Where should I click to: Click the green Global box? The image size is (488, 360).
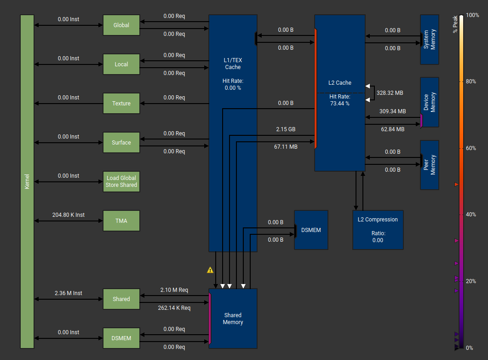121,25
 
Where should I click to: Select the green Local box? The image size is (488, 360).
121,64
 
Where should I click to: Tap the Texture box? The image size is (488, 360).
121,104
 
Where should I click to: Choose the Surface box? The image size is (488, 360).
121,143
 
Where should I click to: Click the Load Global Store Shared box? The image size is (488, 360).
121,182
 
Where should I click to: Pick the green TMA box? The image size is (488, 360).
121,221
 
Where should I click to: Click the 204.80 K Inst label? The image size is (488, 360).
69,215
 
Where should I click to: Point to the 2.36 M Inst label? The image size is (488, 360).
69,293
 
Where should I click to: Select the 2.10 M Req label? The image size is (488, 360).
174,290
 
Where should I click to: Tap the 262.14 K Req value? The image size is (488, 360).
174,308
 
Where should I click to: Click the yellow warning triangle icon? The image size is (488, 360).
210,270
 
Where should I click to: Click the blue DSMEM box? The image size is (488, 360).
311,230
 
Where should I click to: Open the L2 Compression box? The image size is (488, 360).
378,230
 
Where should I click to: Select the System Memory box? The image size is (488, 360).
430,40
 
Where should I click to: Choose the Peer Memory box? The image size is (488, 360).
430,165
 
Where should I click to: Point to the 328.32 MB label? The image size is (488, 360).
390,93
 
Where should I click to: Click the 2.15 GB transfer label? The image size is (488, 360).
286,129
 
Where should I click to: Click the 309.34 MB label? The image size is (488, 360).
392,111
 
